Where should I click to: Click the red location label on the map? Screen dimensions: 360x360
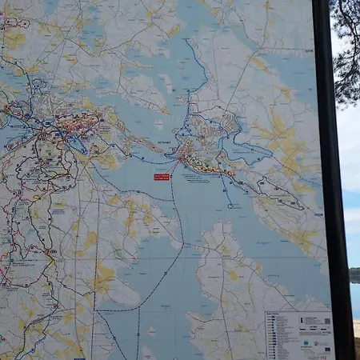pyautogui.click(x=162, y=177)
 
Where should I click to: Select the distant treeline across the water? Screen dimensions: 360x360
pyautogui.click(x=354, y=274)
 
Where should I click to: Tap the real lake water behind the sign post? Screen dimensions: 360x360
pyautogui.click(x=354, y=300)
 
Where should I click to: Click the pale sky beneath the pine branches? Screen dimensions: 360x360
pyautogui.click(x=349, y=160)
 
